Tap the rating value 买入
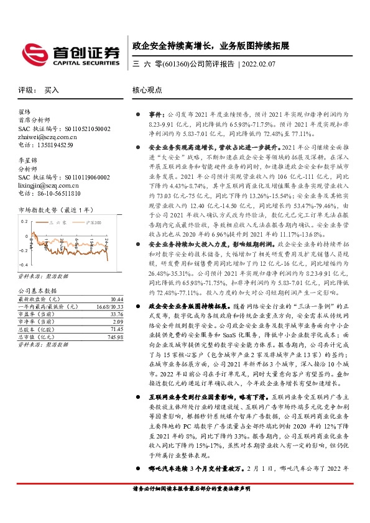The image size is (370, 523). (x=52, y=90)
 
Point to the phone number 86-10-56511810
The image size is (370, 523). (x=58, y=194)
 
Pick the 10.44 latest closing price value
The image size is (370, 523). (x=116, y=299)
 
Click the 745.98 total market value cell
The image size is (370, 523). (x=114, y=337)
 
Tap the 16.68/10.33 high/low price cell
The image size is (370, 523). (x=109, y=307)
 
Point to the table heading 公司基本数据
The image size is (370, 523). (x=37, y=291)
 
